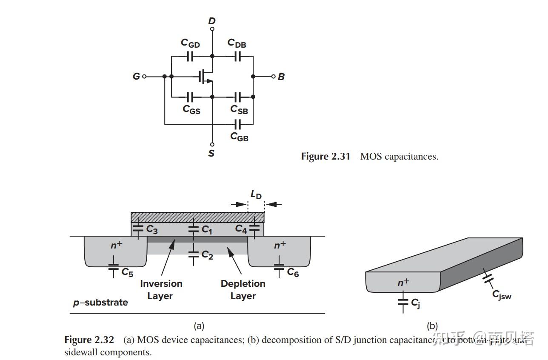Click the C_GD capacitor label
(x=190, y=43)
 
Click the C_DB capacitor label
(x=237, y=43)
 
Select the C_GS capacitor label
(x=191, y=109)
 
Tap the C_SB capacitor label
(x=239, y=109)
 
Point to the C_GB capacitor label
(x=239, y=136)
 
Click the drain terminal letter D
(x=212, y=21)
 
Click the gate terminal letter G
(x=136, y=77)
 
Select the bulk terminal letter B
(x=281, y=77)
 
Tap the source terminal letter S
(x=211, y=153)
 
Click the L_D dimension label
(x=256, y=195)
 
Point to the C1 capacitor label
(x=207, y=230)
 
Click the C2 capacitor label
(x=207, y=255)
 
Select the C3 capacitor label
(x=152, y=229)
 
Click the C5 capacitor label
(x=127, y=272)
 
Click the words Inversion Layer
(x=161, y=290)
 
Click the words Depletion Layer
(x=243, y=290)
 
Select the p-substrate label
(x=100, y=303)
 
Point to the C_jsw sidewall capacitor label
(x=502, y=294)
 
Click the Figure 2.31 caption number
(x=325, y=157)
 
